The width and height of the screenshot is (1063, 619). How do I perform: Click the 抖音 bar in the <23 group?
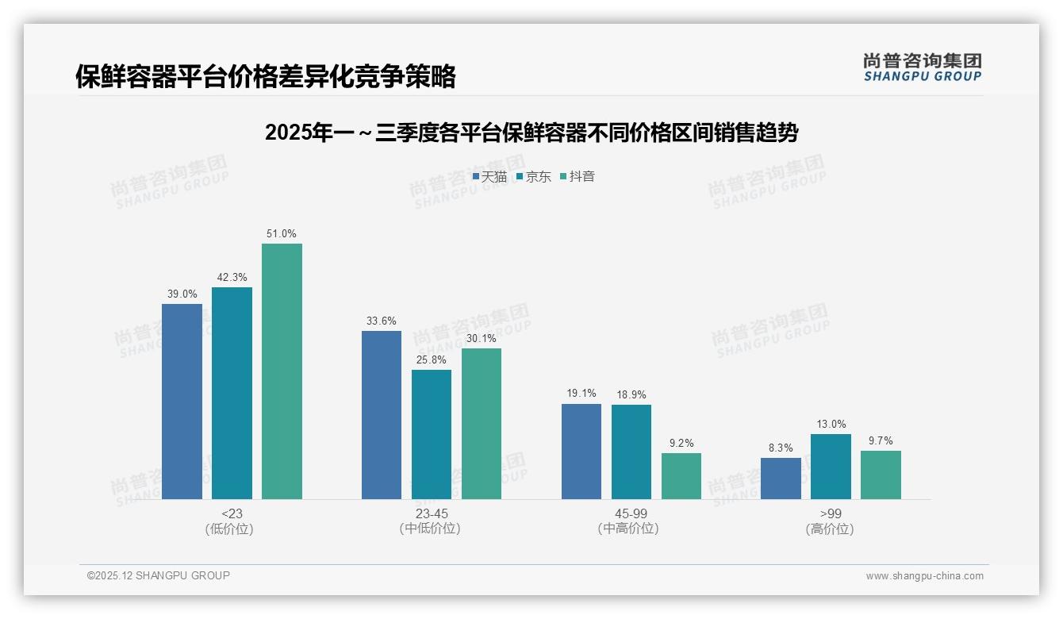pos(282,371)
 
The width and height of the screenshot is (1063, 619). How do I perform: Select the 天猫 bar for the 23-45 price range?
pos(382,415)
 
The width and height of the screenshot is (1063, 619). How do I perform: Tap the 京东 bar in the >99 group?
pos(831,467)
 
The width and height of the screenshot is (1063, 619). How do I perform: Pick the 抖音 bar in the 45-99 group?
pos(681,476)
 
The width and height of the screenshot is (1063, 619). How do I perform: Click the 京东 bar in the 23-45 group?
pos(432,434)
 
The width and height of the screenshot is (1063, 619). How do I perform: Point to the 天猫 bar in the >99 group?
pos(781,479)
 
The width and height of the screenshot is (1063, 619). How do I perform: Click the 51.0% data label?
pos(282,234)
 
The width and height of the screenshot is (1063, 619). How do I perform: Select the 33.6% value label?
pos(382,321)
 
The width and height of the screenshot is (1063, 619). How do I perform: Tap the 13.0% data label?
pos(831,425)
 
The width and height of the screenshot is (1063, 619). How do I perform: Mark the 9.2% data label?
pos(681,444)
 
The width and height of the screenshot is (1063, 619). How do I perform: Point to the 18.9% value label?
pos(631,395)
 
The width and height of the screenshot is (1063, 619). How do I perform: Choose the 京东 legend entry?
pos(534,177)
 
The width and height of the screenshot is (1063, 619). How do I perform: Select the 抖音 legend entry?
pos(578,177)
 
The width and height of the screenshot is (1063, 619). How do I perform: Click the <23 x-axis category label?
pos(232,513)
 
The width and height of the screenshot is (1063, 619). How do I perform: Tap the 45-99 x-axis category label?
pos(631,513)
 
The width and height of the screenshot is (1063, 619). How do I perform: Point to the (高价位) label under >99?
pos(830,529)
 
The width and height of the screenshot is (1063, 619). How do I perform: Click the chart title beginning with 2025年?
pos(531,133)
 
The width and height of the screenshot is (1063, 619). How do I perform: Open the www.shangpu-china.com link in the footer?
pos(924,576)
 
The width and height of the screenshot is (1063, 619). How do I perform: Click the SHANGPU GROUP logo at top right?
pos(922,67)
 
